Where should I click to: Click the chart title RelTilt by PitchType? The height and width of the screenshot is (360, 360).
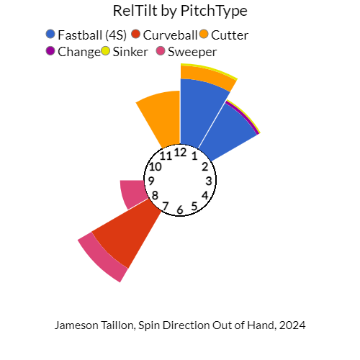pos(180,12)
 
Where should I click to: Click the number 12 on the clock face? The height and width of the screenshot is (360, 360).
pos(181,152)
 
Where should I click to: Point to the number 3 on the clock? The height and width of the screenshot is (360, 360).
pos(209,181)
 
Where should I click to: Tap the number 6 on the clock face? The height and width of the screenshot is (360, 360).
pos(180,210)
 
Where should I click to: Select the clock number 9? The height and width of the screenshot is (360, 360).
pos(151,180)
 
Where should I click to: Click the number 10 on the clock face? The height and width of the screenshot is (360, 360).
pos(156,166)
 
